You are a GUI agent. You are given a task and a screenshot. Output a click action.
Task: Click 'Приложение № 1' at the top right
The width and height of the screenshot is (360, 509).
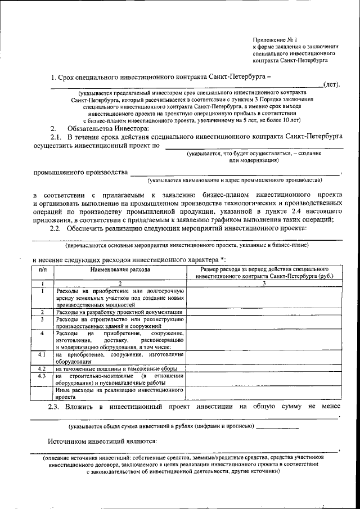coord(275,40)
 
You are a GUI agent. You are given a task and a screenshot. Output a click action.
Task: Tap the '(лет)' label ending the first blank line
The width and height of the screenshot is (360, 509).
coord(331,84)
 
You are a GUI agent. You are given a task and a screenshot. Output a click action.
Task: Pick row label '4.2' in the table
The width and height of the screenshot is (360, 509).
coord(42,368)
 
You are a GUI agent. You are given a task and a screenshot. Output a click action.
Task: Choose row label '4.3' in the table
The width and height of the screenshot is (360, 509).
coord(42,375)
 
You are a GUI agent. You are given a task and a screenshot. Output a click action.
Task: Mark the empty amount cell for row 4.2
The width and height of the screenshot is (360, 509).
coord(264,368)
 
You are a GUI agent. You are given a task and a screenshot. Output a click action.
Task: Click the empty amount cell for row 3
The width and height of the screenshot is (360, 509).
coord(264,322)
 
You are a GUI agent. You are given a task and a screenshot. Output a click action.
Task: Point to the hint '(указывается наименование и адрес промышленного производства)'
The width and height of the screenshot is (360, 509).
coord(235,181)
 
